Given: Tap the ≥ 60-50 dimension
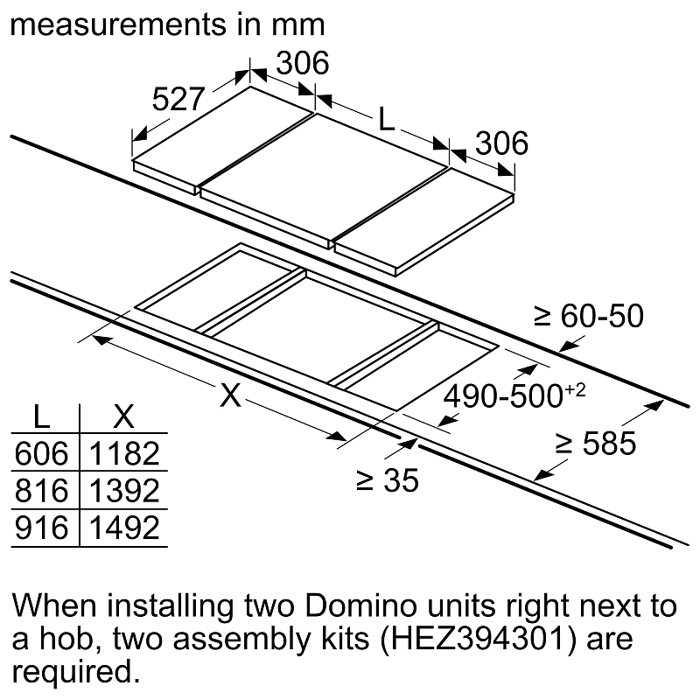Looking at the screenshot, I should (x=588, y=317).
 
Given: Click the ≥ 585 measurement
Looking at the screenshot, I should (x=595, y=444).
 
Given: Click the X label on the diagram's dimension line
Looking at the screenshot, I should (x=229, y=396).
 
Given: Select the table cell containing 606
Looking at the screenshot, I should (x=41, y=453).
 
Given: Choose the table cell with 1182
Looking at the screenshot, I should (x=124, y=453).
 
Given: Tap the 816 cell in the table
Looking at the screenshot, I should (x=41, y=491).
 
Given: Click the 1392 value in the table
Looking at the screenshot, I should (x=124, y=491).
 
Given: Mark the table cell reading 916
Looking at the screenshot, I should (x=41, y=528).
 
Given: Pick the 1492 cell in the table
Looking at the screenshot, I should (x=124, y=528).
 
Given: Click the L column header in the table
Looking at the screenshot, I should (x=41, y=417).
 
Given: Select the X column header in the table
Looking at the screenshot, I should (x=124, y=417).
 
